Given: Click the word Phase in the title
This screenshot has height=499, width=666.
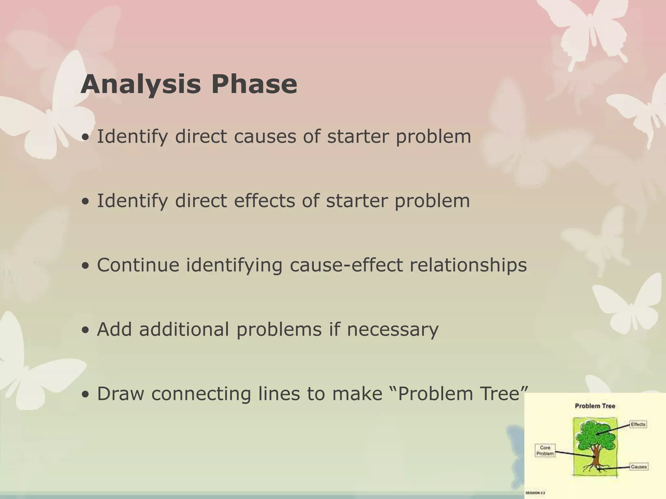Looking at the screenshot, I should (254, 84).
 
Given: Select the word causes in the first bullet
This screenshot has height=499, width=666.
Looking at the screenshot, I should (265, 136).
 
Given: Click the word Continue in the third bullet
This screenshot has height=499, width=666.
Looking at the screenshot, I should (138, 265).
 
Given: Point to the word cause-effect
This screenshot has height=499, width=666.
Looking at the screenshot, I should (346, 265).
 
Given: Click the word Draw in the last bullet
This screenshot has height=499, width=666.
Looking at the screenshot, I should (120, 393).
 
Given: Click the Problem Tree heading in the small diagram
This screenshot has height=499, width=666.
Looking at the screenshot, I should (595, 406).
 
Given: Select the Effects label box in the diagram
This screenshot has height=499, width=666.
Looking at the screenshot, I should (638, 424).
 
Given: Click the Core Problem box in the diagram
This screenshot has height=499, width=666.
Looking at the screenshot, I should (545, 451).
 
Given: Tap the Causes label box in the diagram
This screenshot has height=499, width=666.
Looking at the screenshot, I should (639, 467).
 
